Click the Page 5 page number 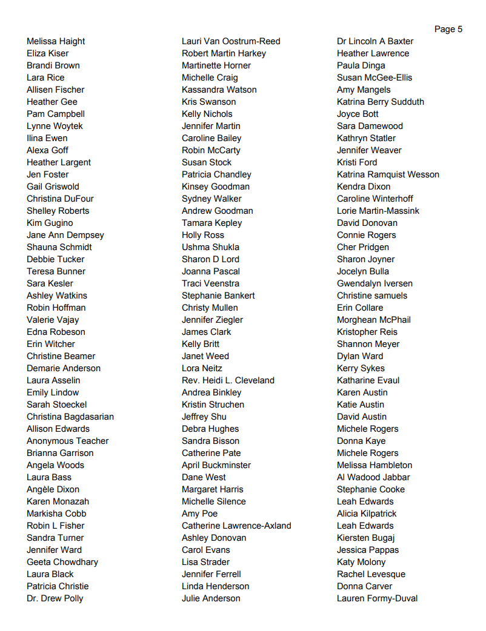click(x=448, y=29)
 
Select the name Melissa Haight click(x=56, y=41)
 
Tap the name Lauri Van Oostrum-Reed click(x=231, y=41)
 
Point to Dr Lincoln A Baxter click(x=375, y=41)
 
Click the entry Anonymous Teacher click(x=67, y=441)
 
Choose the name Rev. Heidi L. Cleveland click(x=228, y=380)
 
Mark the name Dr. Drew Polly click(x=55, y=598)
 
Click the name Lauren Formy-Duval click(x=377, y=598)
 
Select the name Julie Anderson click(x=211, y=598)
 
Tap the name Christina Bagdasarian click(x=70, y=417)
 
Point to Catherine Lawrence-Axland click(x=236, y=526)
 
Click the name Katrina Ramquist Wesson click(x=388, y=174)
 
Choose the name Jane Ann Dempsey click(x=65, y=235)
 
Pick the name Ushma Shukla click(x=210, y=247)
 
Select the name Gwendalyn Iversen click(x=374, y=283)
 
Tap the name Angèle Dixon click(x=53, y=489)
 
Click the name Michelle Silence click(x=214, y=501)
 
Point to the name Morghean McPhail click(x=374, y=320)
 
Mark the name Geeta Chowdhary click(x=62, y=562)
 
